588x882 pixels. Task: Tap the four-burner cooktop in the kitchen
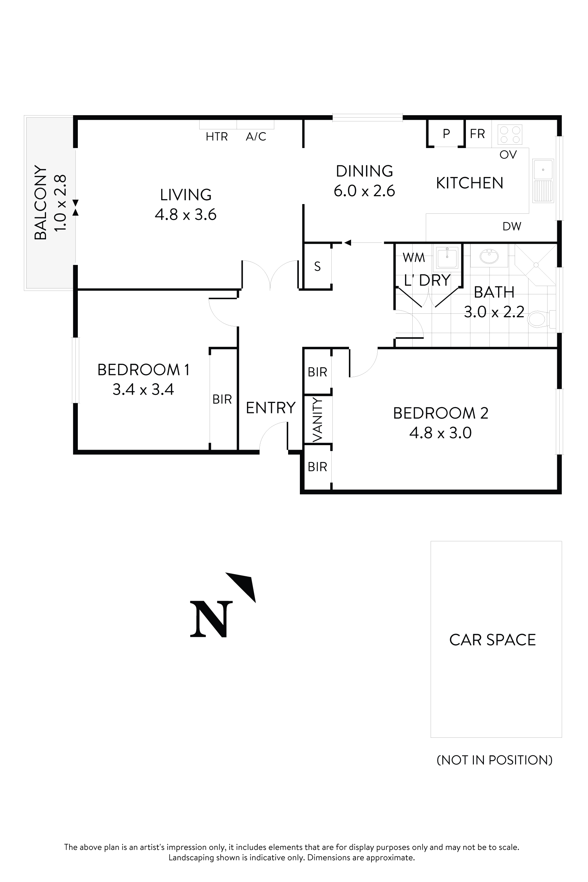coord(510,135)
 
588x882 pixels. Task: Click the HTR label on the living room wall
coord(217,137)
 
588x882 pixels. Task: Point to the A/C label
coord(256,137)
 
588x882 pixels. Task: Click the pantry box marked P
coord(446,134)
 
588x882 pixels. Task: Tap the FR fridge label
coord(477,134)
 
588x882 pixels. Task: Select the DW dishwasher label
coord(512,227)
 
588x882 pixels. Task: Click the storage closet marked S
coord(317,267)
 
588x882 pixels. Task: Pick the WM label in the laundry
coord(414,258)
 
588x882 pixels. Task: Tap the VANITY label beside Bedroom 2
coord(318,420)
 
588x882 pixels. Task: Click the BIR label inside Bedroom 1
coord(222,399)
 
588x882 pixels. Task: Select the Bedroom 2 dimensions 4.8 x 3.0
coord(440,433)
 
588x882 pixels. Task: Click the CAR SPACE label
coord(493,640)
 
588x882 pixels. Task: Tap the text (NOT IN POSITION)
coord(494,760)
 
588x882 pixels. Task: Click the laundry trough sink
coord(447,258)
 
